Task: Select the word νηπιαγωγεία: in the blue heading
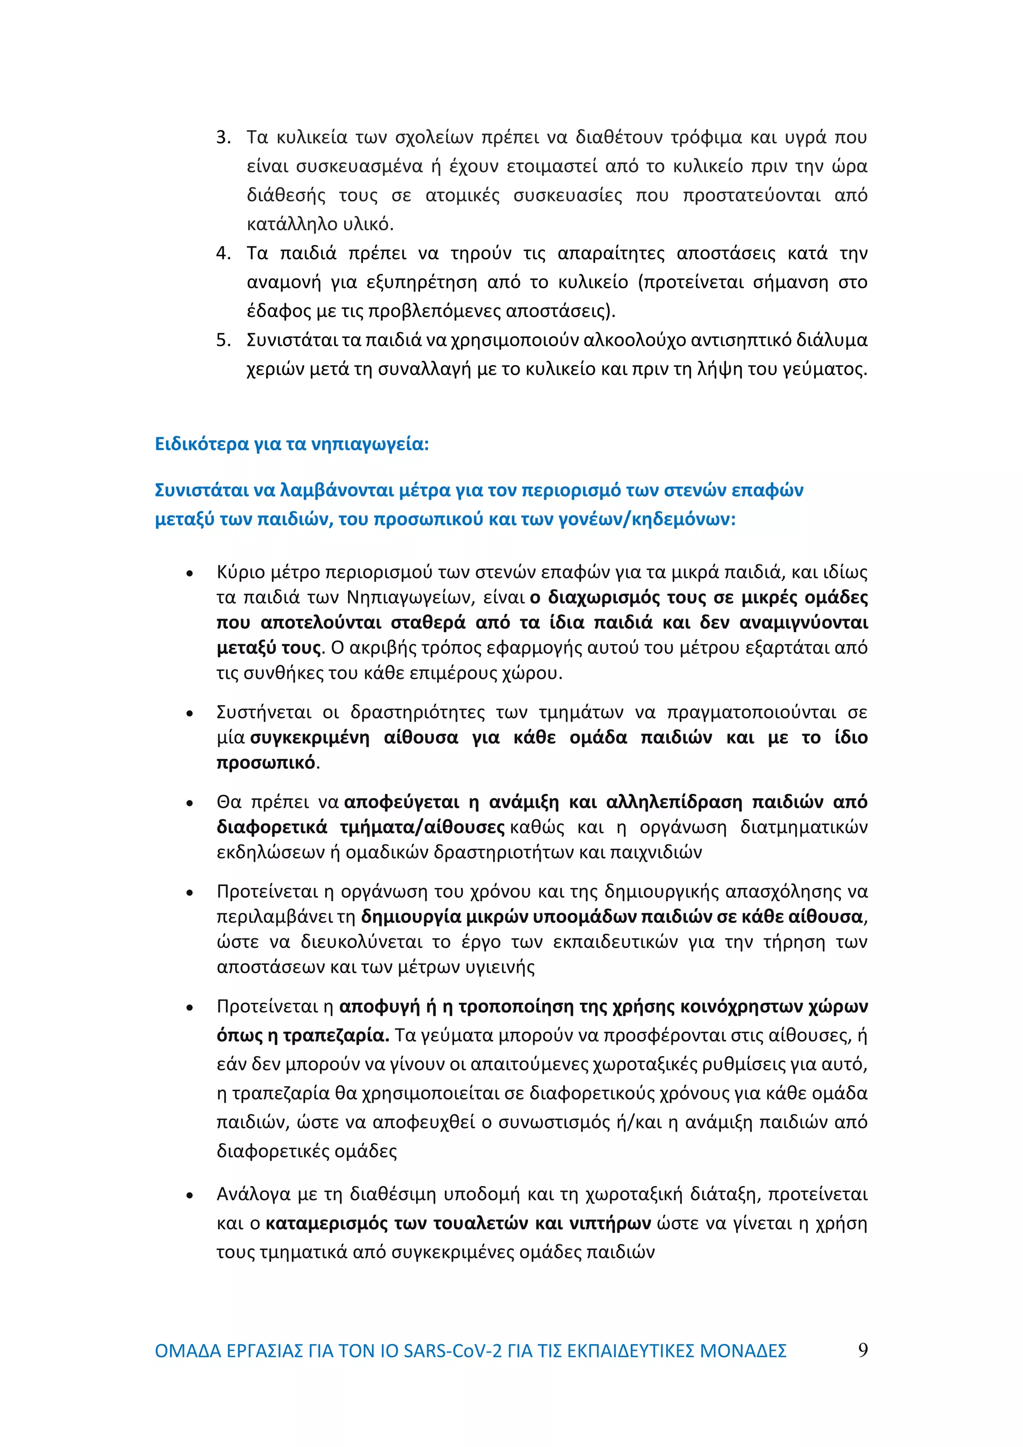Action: (x=370, y=444)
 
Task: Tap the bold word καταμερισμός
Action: (x=326, y=1223)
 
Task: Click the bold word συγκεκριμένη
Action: (x=310, y=737)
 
